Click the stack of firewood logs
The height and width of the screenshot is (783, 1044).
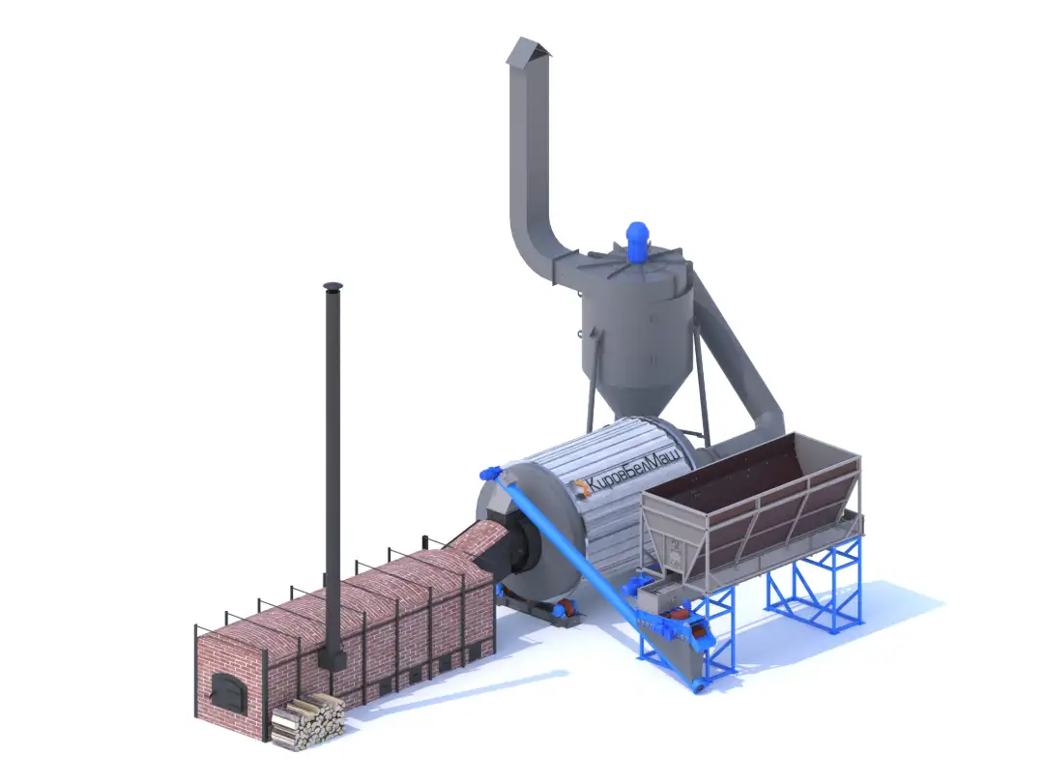308,721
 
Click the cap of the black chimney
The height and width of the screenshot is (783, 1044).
333,287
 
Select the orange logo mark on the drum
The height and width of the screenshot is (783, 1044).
581,488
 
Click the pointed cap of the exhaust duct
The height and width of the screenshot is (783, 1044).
528,50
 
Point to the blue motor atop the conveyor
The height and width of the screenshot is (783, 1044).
491,474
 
